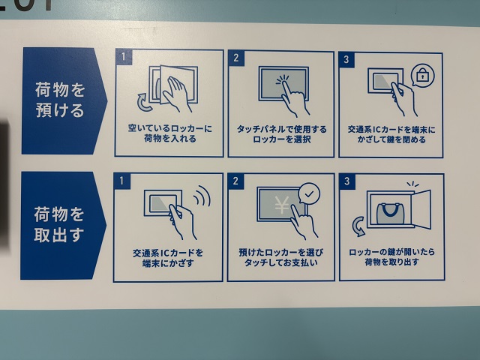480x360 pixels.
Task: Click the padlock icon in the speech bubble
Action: (422, 75)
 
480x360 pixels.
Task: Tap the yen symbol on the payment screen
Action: (282, 205)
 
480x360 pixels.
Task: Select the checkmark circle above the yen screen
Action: (309, 193)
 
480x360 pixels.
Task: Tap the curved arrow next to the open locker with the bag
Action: (358, 226)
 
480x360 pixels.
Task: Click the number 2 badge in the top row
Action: (236, 58)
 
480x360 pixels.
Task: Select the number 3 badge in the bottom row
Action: (347, 181)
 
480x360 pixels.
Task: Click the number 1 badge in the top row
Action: (124, 57)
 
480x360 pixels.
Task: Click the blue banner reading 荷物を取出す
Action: (63, 225)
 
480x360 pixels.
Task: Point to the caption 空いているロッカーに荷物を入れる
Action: (170, 133)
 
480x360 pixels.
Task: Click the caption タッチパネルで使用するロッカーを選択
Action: (282, 134)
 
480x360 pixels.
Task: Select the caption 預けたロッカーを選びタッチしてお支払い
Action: (281, 257)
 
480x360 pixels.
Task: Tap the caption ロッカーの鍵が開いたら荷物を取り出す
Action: (391, 256)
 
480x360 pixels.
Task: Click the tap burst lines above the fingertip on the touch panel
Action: (283, 79)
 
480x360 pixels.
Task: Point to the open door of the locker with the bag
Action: (422, 209)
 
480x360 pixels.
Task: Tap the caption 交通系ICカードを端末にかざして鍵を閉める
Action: (391, 134)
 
